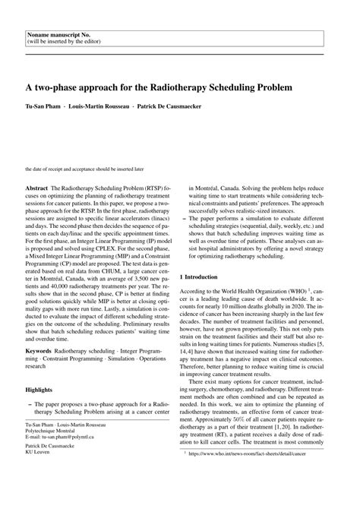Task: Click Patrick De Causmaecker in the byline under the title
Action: [x=169, y=106]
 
